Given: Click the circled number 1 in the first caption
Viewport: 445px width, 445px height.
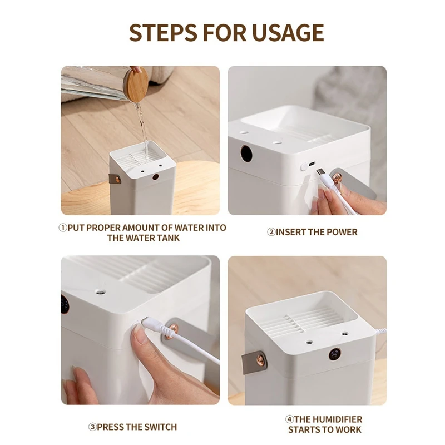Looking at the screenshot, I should pos(63,228).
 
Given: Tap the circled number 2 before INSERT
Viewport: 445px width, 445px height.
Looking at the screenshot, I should pos(271,232).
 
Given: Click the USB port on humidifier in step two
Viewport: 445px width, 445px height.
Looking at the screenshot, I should pos(310,165).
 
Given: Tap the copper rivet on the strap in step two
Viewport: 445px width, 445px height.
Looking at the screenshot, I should pos(339,179).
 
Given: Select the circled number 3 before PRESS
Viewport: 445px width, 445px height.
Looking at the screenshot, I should pos(92,427).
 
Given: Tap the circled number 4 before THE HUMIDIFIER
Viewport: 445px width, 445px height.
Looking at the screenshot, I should pos(290,419).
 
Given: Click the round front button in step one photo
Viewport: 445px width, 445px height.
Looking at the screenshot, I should pos(155,177).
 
